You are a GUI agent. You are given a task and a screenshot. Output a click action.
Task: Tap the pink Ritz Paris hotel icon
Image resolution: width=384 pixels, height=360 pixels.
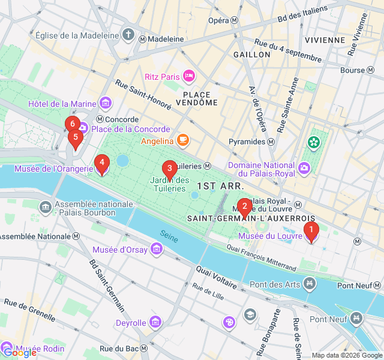point(189,76)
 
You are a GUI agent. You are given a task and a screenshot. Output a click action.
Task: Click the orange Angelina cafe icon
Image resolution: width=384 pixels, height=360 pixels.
point(182,141)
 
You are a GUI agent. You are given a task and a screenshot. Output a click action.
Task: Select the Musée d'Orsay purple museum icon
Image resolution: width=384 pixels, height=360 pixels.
point(157,248)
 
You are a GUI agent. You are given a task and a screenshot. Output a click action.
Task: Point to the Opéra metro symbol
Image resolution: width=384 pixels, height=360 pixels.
point(235,20)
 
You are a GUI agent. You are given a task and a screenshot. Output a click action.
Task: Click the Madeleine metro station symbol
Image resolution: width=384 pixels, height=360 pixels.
point(143,38)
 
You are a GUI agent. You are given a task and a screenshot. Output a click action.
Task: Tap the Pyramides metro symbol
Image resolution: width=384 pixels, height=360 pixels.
point(271,142)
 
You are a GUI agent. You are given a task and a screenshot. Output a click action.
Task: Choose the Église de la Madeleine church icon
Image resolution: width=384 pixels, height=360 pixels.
point(128,34)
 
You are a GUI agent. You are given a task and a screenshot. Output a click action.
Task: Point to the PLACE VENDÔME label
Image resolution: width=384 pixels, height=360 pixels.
point(197,98)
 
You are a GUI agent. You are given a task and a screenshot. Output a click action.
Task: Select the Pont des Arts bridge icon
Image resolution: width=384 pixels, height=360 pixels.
point(309,283)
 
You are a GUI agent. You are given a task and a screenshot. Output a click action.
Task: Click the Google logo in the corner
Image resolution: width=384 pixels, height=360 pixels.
point(19,353)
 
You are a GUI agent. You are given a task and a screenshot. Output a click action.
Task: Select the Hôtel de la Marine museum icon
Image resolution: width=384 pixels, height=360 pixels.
point(106,103)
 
